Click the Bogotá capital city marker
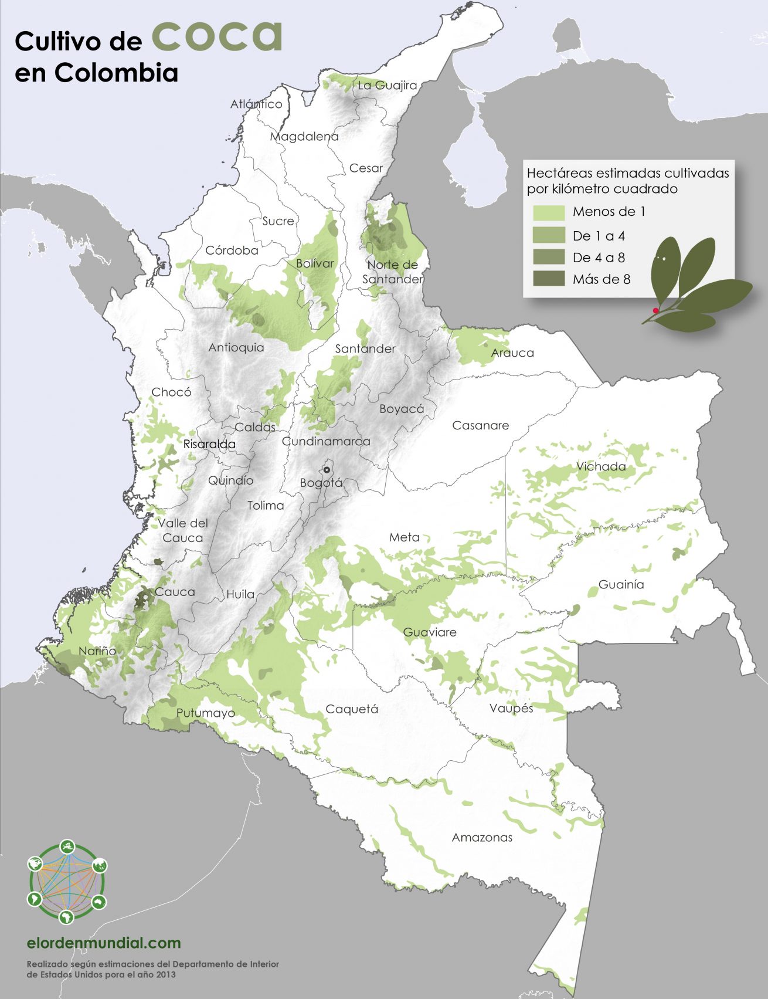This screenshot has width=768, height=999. [327, 470]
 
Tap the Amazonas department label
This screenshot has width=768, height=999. [482, 838]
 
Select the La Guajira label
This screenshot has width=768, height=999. [387, 85]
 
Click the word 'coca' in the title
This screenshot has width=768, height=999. [217, 36]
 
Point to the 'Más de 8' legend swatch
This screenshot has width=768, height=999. [549, 279]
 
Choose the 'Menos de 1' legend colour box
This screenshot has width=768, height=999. [549, 212]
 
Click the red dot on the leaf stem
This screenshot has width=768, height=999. [655, 310]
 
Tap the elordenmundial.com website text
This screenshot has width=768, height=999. [104, 943]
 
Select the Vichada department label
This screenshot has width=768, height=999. [601, 467]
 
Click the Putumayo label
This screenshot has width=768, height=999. [205, 713]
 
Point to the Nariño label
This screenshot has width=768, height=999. [97, 651]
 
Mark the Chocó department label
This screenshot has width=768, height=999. [171, 392]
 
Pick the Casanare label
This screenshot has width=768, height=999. [480, 425]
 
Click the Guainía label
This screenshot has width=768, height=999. [621, 584]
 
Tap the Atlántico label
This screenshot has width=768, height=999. [256, 104]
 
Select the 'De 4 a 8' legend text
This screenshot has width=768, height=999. [599, 257]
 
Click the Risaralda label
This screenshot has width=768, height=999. [209, 444]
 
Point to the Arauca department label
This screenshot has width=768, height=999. [512, 353]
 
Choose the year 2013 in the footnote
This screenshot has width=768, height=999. [165, 974]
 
